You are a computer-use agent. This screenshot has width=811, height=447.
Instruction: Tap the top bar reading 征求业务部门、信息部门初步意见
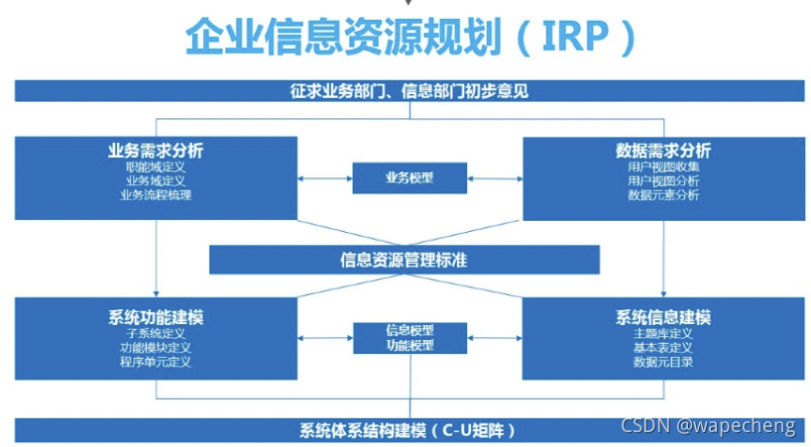[409, 91]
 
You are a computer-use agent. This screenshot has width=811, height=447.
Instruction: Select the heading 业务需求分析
[156, 151]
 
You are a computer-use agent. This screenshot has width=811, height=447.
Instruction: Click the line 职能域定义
[156, 167]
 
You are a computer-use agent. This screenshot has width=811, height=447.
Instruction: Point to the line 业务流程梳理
[156, 195]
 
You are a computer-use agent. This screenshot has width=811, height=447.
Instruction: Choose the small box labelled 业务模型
[409, 178]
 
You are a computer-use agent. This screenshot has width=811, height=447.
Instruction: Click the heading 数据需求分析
[663, 151]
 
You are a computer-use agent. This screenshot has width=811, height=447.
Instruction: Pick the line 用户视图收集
[663, 167]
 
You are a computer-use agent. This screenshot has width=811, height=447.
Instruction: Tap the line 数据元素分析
[663, 195]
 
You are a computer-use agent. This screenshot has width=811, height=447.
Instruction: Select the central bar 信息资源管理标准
[404, 260]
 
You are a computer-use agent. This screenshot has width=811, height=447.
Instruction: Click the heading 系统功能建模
[156, 317]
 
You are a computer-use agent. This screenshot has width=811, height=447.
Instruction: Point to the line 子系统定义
[156, 334]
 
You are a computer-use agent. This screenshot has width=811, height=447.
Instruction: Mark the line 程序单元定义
[156, 362]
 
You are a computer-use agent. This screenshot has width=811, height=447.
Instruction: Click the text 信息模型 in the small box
[409, 331]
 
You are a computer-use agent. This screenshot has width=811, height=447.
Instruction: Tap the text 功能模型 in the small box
[409, 345]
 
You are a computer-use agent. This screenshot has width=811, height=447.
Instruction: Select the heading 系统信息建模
[663, 317]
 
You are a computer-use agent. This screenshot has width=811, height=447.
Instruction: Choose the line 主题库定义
[663, 334]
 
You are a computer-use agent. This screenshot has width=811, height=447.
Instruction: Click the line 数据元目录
[663, 362]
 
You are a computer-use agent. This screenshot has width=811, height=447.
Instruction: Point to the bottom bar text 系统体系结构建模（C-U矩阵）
[408, 430]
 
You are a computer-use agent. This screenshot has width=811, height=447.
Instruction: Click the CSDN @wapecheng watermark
[708, 425]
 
